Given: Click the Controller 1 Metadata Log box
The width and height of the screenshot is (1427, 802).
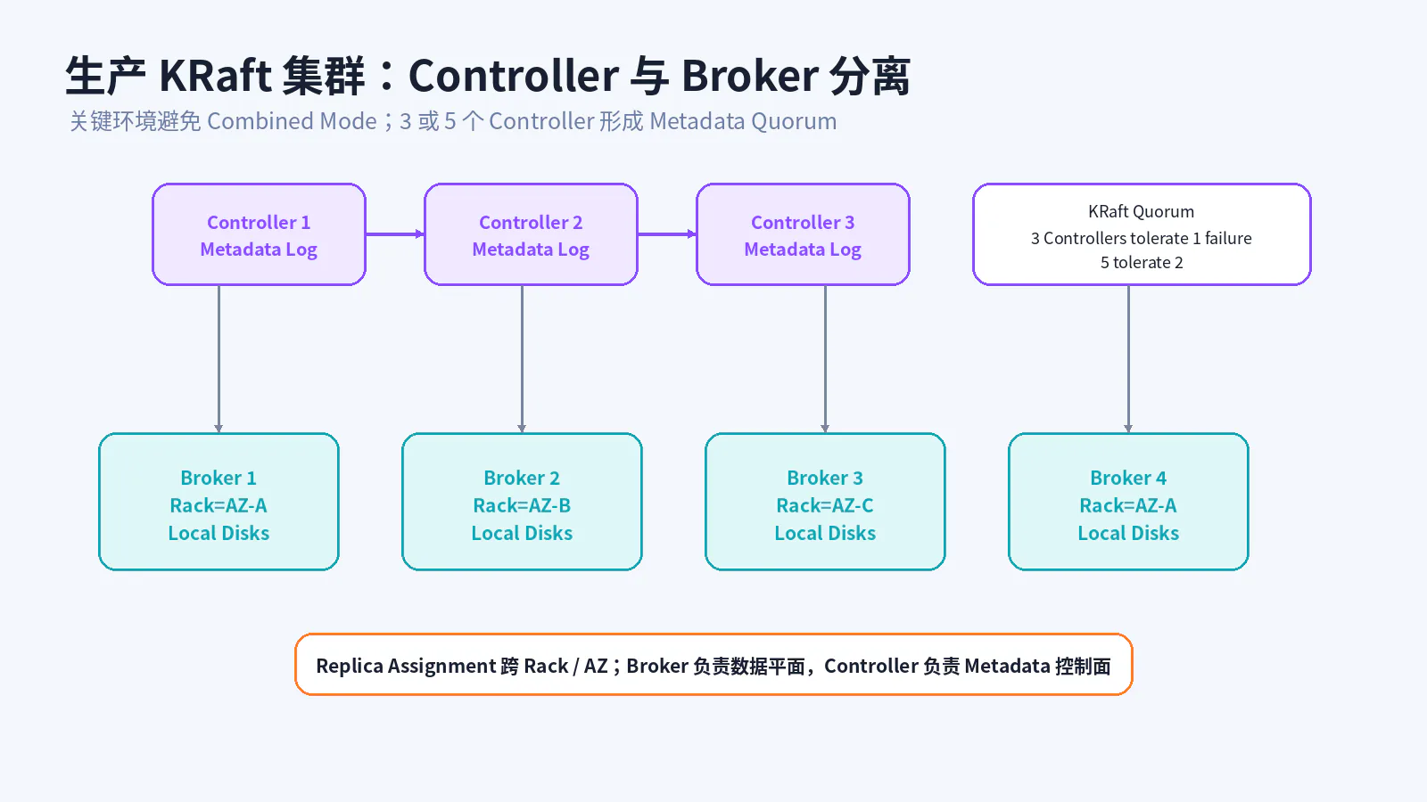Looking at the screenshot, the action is tap(259, 234).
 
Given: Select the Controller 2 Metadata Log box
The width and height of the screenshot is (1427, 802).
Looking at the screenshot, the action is tap(531, 234).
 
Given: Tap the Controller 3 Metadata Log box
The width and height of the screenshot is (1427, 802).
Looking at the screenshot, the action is tap(803, 234).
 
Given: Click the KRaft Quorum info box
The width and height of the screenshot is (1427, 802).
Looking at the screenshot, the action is tap(1142, 234).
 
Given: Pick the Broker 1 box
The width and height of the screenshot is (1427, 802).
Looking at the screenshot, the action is tap(219, 502).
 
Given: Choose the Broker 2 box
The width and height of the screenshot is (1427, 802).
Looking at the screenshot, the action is tap(522, 502).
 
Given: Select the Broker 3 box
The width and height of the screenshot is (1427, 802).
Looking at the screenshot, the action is tap(825, 502).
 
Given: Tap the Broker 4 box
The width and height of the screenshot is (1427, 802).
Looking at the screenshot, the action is tap(1128, 502).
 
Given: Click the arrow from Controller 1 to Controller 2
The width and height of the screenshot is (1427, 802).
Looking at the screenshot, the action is tap(395, 234).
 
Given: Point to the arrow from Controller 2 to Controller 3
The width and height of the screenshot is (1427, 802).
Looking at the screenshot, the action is tap(667, 234).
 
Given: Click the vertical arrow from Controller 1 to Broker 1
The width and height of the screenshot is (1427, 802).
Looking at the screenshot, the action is tap(219, 359).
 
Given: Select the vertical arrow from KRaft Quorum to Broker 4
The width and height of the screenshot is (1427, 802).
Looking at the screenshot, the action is tap(1128, 359).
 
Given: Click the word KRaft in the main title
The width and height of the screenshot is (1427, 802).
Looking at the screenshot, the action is tap(215, 75).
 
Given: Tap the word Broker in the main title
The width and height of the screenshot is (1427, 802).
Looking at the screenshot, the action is tap(750, 75).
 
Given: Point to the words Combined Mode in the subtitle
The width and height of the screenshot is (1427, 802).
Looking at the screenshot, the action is tap(292, 121).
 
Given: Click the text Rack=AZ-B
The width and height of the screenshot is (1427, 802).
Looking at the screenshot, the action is tap(522, 505).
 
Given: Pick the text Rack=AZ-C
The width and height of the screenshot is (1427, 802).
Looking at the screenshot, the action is tap(825, 505).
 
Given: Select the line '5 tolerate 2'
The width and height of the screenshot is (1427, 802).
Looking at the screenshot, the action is tap(1142, 262).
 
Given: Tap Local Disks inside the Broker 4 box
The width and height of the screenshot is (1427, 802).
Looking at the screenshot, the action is tap(1128, 533).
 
